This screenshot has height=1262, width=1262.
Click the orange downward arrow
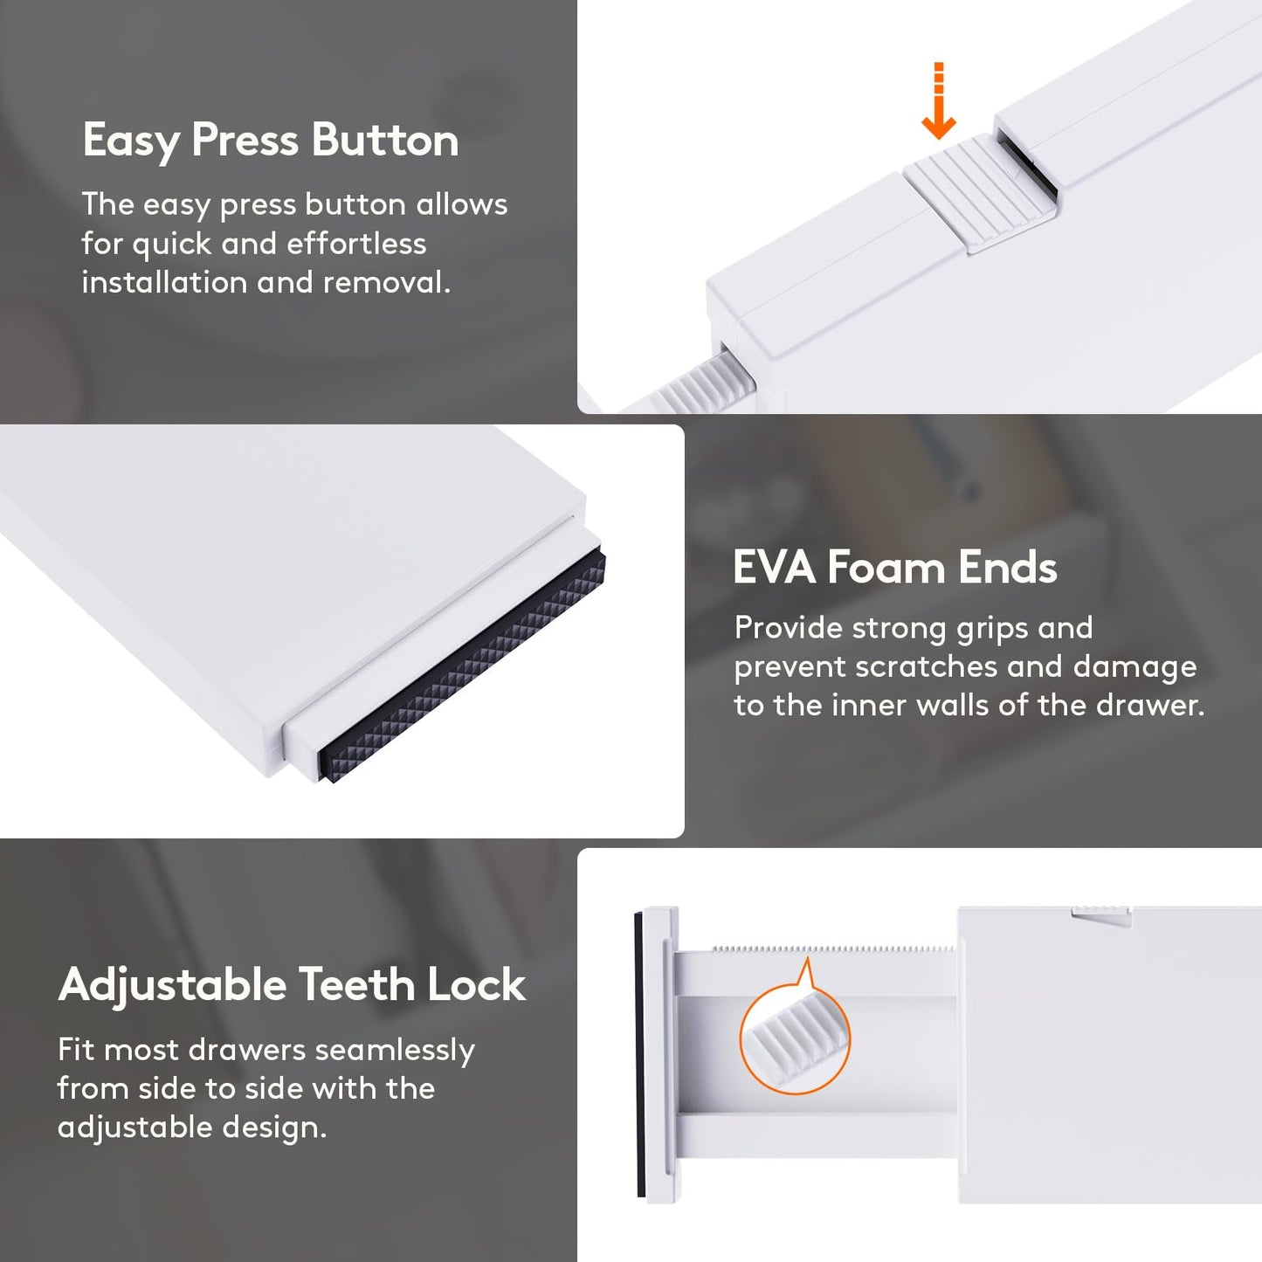click(x=939, y=101)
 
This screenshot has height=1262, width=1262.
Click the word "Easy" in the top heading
click(x=131, y=141)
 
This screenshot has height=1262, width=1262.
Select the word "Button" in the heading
click(x=385, y=140)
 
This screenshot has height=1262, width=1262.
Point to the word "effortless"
click(x=356, y=244)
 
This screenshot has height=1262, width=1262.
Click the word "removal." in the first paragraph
click(x=386, y=283)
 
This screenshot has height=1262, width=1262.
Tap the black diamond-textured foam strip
click(x=462, y=668)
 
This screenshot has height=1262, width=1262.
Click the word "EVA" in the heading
click(x=774, y=567)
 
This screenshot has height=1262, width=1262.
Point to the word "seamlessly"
click(x=395, y=1051)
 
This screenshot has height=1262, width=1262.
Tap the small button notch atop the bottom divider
click(x=1101, y=915)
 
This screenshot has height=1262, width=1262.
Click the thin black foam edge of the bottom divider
click(x=638, y=1054)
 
